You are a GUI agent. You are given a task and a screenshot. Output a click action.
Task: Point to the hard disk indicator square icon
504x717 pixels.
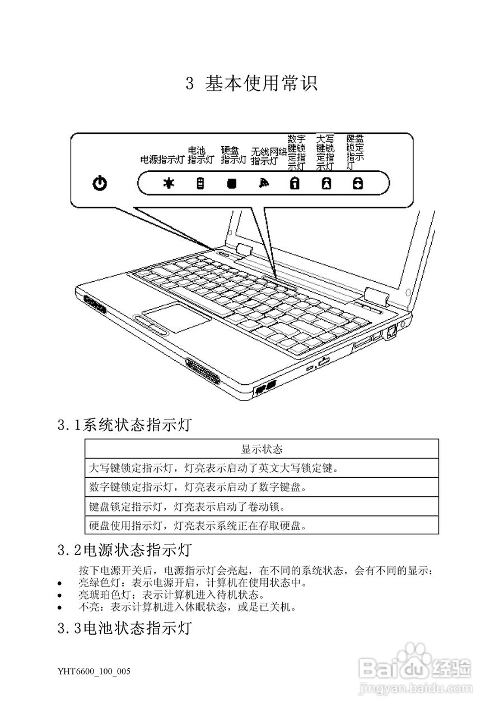click(231, 183)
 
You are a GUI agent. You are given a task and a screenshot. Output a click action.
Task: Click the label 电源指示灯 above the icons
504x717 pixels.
click(162, 160)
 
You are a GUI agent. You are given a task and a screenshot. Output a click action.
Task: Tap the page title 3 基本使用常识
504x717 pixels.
click(251, 83)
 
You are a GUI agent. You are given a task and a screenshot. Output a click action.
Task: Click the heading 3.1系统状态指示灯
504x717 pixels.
click(125, 426)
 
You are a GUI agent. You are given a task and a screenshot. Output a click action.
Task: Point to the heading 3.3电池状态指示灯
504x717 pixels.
click(125, 628)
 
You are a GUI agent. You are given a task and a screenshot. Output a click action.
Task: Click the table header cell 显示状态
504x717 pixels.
click(262, 449)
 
